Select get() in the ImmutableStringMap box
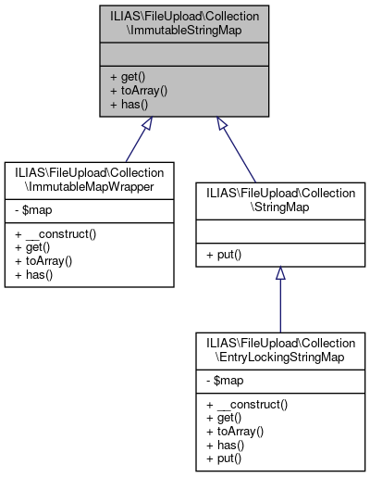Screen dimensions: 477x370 click(x=126, y=77)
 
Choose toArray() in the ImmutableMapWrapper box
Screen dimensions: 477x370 click(x=41, y=263)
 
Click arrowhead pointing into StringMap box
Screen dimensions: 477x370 click(x=279, y=274)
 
